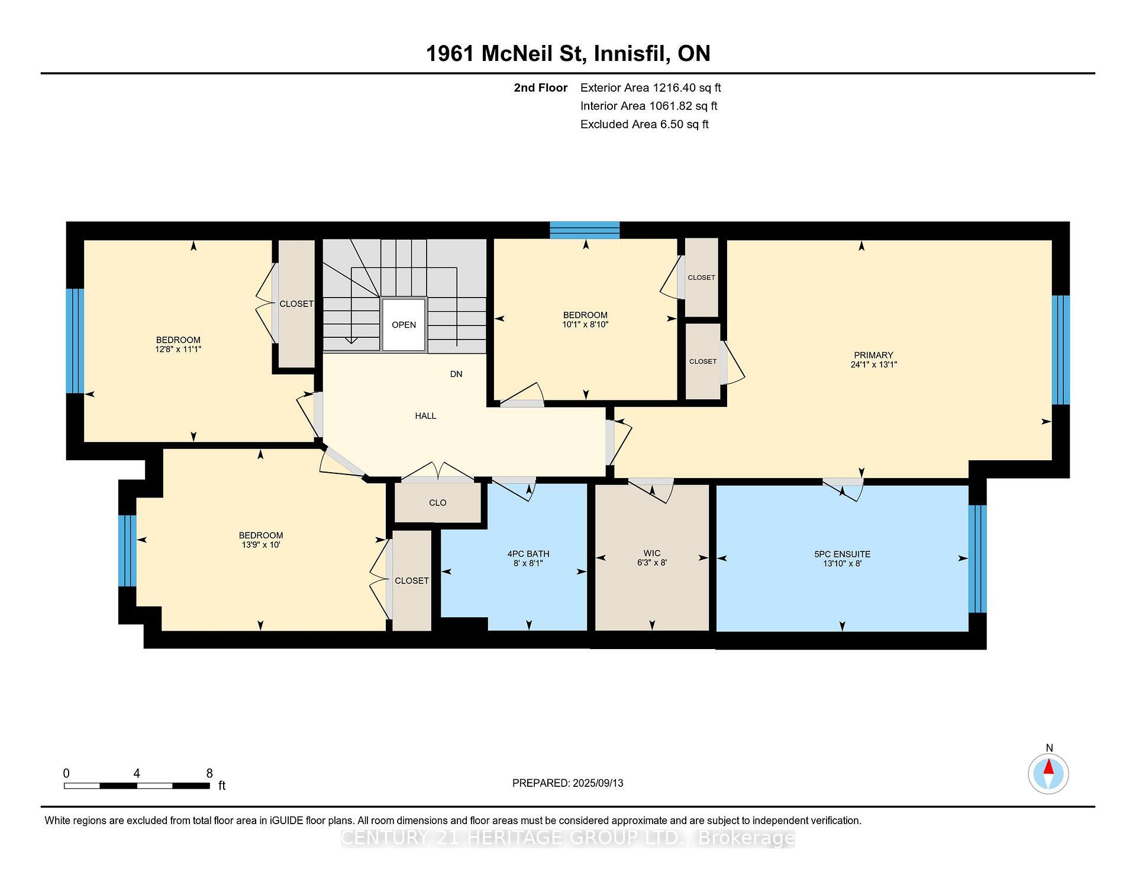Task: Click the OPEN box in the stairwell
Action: click(404, 325)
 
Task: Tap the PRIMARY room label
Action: click(873, 355)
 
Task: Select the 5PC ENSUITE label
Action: click(842, 554)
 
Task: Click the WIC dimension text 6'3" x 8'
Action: click(651, 563)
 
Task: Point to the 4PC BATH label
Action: click(528, 554)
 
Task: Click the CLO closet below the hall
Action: click(437, 503)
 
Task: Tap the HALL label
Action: click(425, 416)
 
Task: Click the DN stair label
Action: click(456, 374)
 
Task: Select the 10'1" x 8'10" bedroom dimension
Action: click(585, 324)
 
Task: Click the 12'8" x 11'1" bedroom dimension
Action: click(178, 349)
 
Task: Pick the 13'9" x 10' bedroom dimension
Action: click(260, 544)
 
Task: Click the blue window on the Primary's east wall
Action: click(1060, 350)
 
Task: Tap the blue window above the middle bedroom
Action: click(585, 230)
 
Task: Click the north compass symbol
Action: click(1048, 773)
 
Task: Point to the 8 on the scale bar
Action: click(209, 773)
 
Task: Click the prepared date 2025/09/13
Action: click(598, 783)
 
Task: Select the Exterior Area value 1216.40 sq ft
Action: click(686, 88)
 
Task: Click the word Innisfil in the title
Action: click(632, 53)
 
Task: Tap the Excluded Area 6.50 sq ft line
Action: click(644, 124)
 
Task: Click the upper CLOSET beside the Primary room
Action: click(701, 277)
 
